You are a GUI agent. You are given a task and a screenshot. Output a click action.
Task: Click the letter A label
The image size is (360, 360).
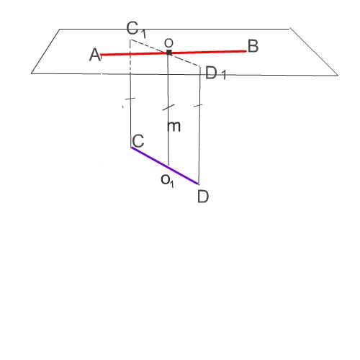[95, 55]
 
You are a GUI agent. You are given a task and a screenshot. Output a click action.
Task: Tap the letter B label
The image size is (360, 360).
[253, 46]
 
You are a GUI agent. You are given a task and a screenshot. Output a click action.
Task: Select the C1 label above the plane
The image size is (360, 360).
[136, 30]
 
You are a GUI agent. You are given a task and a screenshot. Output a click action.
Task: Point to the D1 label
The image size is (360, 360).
[215, 73]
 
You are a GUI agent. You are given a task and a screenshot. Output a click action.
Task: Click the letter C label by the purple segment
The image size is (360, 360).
[138, 141]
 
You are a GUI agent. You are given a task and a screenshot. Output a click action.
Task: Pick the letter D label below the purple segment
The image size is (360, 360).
[203, 197]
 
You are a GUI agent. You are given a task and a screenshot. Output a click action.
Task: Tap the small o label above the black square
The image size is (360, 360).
[168, 43]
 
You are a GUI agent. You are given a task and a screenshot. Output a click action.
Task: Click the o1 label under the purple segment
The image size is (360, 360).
[168, 181]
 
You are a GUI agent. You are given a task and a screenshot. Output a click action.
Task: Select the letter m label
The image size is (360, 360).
[174, 126]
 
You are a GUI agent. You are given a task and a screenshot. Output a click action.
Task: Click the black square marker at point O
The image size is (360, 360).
[169, 53]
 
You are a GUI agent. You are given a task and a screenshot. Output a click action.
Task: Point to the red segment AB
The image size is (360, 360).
[174, 53]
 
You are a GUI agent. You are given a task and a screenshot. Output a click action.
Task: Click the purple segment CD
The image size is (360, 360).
[165, 166]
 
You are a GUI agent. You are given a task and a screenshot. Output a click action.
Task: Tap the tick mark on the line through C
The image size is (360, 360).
[130, 99]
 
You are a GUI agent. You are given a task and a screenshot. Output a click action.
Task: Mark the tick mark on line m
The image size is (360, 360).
[168, 107]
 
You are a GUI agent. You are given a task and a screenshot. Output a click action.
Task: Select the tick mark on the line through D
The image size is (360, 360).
[198, 105]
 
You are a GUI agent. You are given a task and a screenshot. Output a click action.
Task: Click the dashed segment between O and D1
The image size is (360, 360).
[185, 59]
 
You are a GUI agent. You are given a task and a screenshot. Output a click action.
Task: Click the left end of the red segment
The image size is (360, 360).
[101, 55]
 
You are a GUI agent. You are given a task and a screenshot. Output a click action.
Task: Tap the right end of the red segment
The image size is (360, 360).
[246, 51]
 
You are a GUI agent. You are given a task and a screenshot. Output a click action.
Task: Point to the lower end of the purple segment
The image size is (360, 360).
[199, 184]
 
